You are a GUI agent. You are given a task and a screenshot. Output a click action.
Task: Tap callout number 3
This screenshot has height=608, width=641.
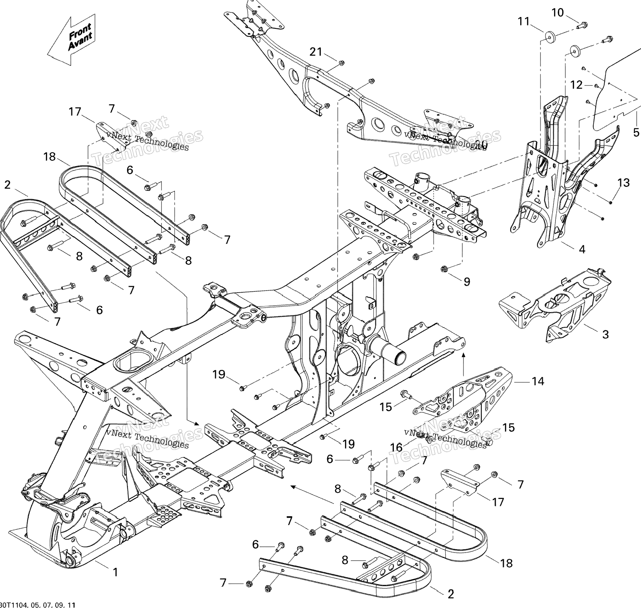(605, 334)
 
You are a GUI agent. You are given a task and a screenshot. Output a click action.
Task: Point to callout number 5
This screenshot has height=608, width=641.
(636, 132)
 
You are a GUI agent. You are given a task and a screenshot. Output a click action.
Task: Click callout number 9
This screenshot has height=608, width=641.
(466, 282)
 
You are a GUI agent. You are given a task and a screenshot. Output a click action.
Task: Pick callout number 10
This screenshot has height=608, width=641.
(558, 13)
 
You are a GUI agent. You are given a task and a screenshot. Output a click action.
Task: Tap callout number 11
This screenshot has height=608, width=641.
(523, 21)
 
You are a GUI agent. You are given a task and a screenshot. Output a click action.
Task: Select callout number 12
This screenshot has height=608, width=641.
(576, 85)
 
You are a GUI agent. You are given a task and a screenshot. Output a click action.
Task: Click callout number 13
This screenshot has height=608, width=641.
(623, 183)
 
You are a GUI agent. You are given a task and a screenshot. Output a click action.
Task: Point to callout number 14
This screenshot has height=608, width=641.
(538, 381)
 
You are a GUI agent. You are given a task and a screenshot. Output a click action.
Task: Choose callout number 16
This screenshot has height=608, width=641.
(396, 448)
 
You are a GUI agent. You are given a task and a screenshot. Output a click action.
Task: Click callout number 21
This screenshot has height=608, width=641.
(316, 52)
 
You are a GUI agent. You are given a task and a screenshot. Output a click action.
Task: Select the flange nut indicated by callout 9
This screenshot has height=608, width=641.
(444, 269)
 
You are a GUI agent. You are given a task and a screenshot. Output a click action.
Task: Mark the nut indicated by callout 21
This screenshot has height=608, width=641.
(341, 62)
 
